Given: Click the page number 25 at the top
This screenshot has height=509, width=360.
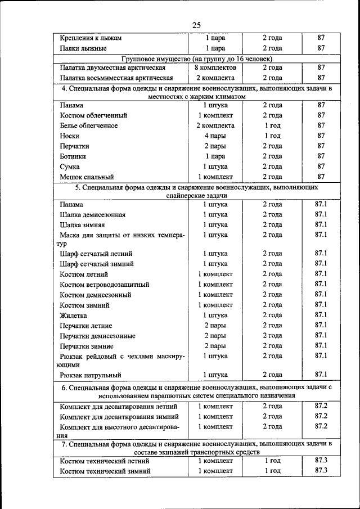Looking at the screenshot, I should pos(196,25).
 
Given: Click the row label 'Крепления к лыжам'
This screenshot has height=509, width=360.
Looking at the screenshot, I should pos(91,38).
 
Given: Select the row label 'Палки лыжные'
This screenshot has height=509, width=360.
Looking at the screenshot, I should pos(83,48).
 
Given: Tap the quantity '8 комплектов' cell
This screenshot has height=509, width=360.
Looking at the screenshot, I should pos(215,68).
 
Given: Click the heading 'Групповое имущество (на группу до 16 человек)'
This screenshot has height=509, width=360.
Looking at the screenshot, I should pos(197,58).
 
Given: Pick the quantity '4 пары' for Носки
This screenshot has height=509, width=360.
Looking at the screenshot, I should pos(215,136).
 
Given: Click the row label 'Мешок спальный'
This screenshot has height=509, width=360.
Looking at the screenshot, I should pos(87,177).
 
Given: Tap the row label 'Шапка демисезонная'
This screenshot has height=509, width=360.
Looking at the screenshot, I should pos(93,215).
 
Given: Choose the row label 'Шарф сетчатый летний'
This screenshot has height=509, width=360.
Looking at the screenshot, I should pos(96,254).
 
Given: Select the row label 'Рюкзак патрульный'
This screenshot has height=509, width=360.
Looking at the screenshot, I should pos(91,375).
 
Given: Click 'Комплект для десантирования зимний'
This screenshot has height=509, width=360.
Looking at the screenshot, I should pos(120,417).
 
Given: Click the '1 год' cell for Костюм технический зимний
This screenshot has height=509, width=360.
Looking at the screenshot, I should pos(272,471).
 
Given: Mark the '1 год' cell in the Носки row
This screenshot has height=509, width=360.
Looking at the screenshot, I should pos(272,136).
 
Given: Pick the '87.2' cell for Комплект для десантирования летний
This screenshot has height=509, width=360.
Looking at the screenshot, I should pos(321,406).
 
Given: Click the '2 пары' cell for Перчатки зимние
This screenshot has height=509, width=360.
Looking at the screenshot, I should pos(215,346).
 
